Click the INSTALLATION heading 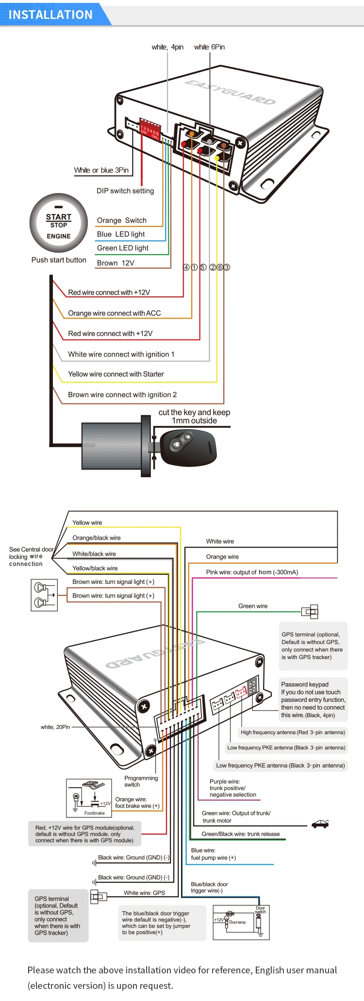(x=50, y=15)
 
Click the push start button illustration (x=59, y=223)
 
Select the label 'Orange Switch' (x=122, y=220)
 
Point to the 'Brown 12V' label (x=116, y=263)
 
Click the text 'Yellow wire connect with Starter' (x=116, y=374)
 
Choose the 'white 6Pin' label (x=209, y=47)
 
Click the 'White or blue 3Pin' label (x=101, y=170)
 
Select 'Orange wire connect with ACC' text (x=114, y=313)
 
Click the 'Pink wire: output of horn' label (x=252, y=572)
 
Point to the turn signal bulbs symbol (x=44, y=595)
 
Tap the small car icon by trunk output (x=320, y=824)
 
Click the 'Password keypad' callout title (x=305, y=684)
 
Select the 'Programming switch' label (x=141, y=781)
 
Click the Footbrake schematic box (x=89, y=798)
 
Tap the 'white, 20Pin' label (x=55, y=727)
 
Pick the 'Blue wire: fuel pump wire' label (x=213, y=854)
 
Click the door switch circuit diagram (x=241, y=922)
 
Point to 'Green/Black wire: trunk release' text (x=241, y=834)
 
